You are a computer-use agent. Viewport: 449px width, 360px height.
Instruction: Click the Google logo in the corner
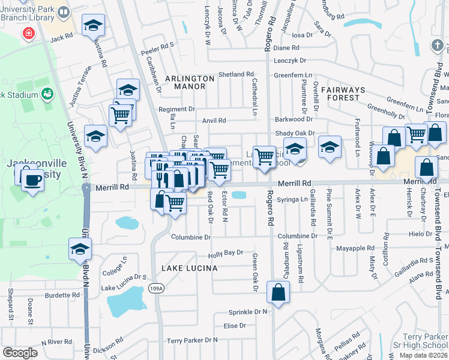(20, 353)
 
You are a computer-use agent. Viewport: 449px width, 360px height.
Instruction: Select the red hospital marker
(28, 33)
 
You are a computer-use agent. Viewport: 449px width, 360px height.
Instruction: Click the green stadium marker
(47, 94)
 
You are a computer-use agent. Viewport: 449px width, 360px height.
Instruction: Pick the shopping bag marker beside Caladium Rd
(279, 293)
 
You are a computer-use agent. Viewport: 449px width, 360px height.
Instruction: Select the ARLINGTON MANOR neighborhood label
(190, 82)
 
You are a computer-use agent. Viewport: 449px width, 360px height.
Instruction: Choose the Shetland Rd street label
(236, 74)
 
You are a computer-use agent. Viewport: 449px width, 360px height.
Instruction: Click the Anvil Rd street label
(214, 121)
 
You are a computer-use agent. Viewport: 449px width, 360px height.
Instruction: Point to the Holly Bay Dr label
(226, 253)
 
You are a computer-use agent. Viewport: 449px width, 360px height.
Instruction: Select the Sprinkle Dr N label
(247, 312)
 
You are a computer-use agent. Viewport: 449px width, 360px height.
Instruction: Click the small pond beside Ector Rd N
(238, 195)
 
